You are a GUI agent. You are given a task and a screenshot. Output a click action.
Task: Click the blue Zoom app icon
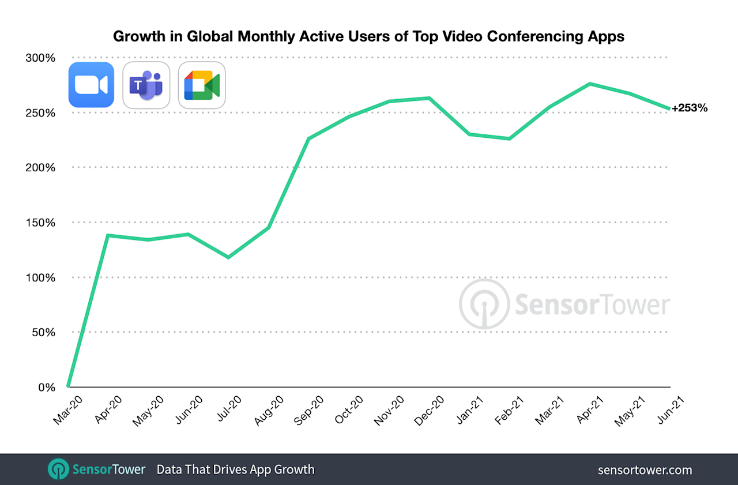pos(91,85)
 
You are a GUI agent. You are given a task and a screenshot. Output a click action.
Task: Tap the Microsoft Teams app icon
pos(146,85)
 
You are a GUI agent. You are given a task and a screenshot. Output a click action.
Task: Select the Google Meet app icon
pos(202,85)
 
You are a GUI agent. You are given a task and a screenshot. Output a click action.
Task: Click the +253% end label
pos(690,108)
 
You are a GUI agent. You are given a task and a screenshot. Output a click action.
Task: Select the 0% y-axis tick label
pos(47,388)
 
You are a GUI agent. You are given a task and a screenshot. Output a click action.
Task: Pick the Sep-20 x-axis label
pos(309,410)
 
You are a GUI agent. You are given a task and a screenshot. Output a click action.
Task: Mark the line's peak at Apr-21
pos(590,84)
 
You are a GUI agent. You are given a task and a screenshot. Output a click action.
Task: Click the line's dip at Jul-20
pos(228,257)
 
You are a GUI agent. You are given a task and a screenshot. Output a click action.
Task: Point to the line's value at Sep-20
pos(308,138)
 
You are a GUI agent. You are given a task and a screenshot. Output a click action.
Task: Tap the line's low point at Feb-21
pos(510,138)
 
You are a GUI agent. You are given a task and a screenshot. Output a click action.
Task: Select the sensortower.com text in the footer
pos(645,470)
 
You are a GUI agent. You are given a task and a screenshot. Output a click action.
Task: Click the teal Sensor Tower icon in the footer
pos(58,469)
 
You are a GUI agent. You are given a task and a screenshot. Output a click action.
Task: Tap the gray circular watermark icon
pos(484,304)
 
